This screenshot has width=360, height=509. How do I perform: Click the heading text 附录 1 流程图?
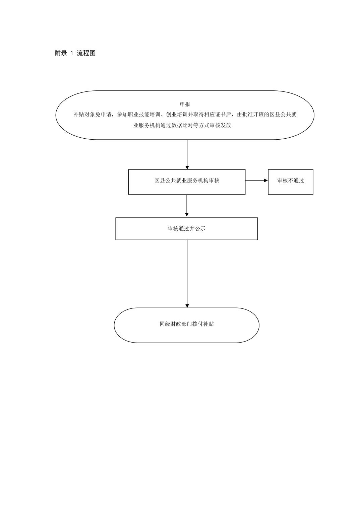click(x=75, y=53)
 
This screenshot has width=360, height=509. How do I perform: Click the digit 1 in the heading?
click(x=72, y=53)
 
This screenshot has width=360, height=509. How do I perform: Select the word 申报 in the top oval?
click(x=185, y=104)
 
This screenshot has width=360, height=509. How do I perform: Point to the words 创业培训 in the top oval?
click(x=177, y=115)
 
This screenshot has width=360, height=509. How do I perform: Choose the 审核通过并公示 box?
click(x=186, y=229)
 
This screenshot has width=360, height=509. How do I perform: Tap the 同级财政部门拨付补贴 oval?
click(x=186, y=325)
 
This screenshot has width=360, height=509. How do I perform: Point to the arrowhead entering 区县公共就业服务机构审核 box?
click(x=187, y=167)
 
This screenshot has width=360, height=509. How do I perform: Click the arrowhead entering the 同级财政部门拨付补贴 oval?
click(x=187, y=306)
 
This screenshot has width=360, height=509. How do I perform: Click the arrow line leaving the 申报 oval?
click(x=187, y=154)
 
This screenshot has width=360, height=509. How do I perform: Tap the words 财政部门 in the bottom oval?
click(x=181, y=324)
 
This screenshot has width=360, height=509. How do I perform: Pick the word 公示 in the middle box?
click(x=200, y=229)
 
